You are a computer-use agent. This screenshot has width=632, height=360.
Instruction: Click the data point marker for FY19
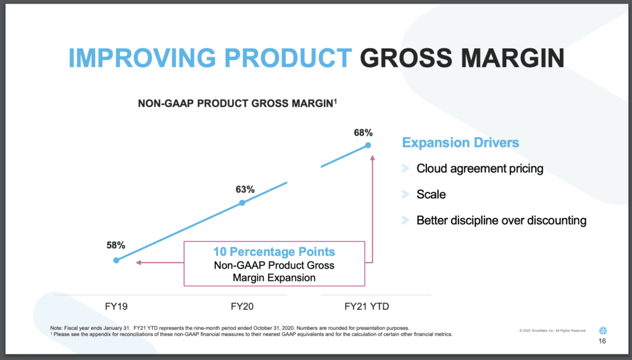point(116,261)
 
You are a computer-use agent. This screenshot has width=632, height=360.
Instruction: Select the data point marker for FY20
point(242,203)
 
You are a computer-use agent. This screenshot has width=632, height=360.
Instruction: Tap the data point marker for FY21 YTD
point(368,145)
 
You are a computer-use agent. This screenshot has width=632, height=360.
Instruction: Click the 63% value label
point(245,189)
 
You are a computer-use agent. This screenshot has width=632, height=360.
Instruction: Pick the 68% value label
point(364,132)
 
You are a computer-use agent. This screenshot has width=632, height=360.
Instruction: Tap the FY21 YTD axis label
point(367,306)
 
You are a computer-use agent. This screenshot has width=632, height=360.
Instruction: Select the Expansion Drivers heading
point(460,143)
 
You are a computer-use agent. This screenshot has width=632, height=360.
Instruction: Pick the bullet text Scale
point(431,195)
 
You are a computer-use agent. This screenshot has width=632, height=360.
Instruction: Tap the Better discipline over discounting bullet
point(501,220)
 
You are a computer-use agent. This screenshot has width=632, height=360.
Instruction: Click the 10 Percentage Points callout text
point(274,252)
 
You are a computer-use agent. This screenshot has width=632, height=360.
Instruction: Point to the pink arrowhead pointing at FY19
point(139,263)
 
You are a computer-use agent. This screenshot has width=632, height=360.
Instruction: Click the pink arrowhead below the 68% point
point(373,157)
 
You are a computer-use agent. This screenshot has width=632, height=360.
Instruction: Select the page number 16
point(602,342)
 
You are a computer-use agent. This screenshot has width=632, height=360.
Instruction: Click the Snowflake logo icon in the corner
point(602,330)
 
